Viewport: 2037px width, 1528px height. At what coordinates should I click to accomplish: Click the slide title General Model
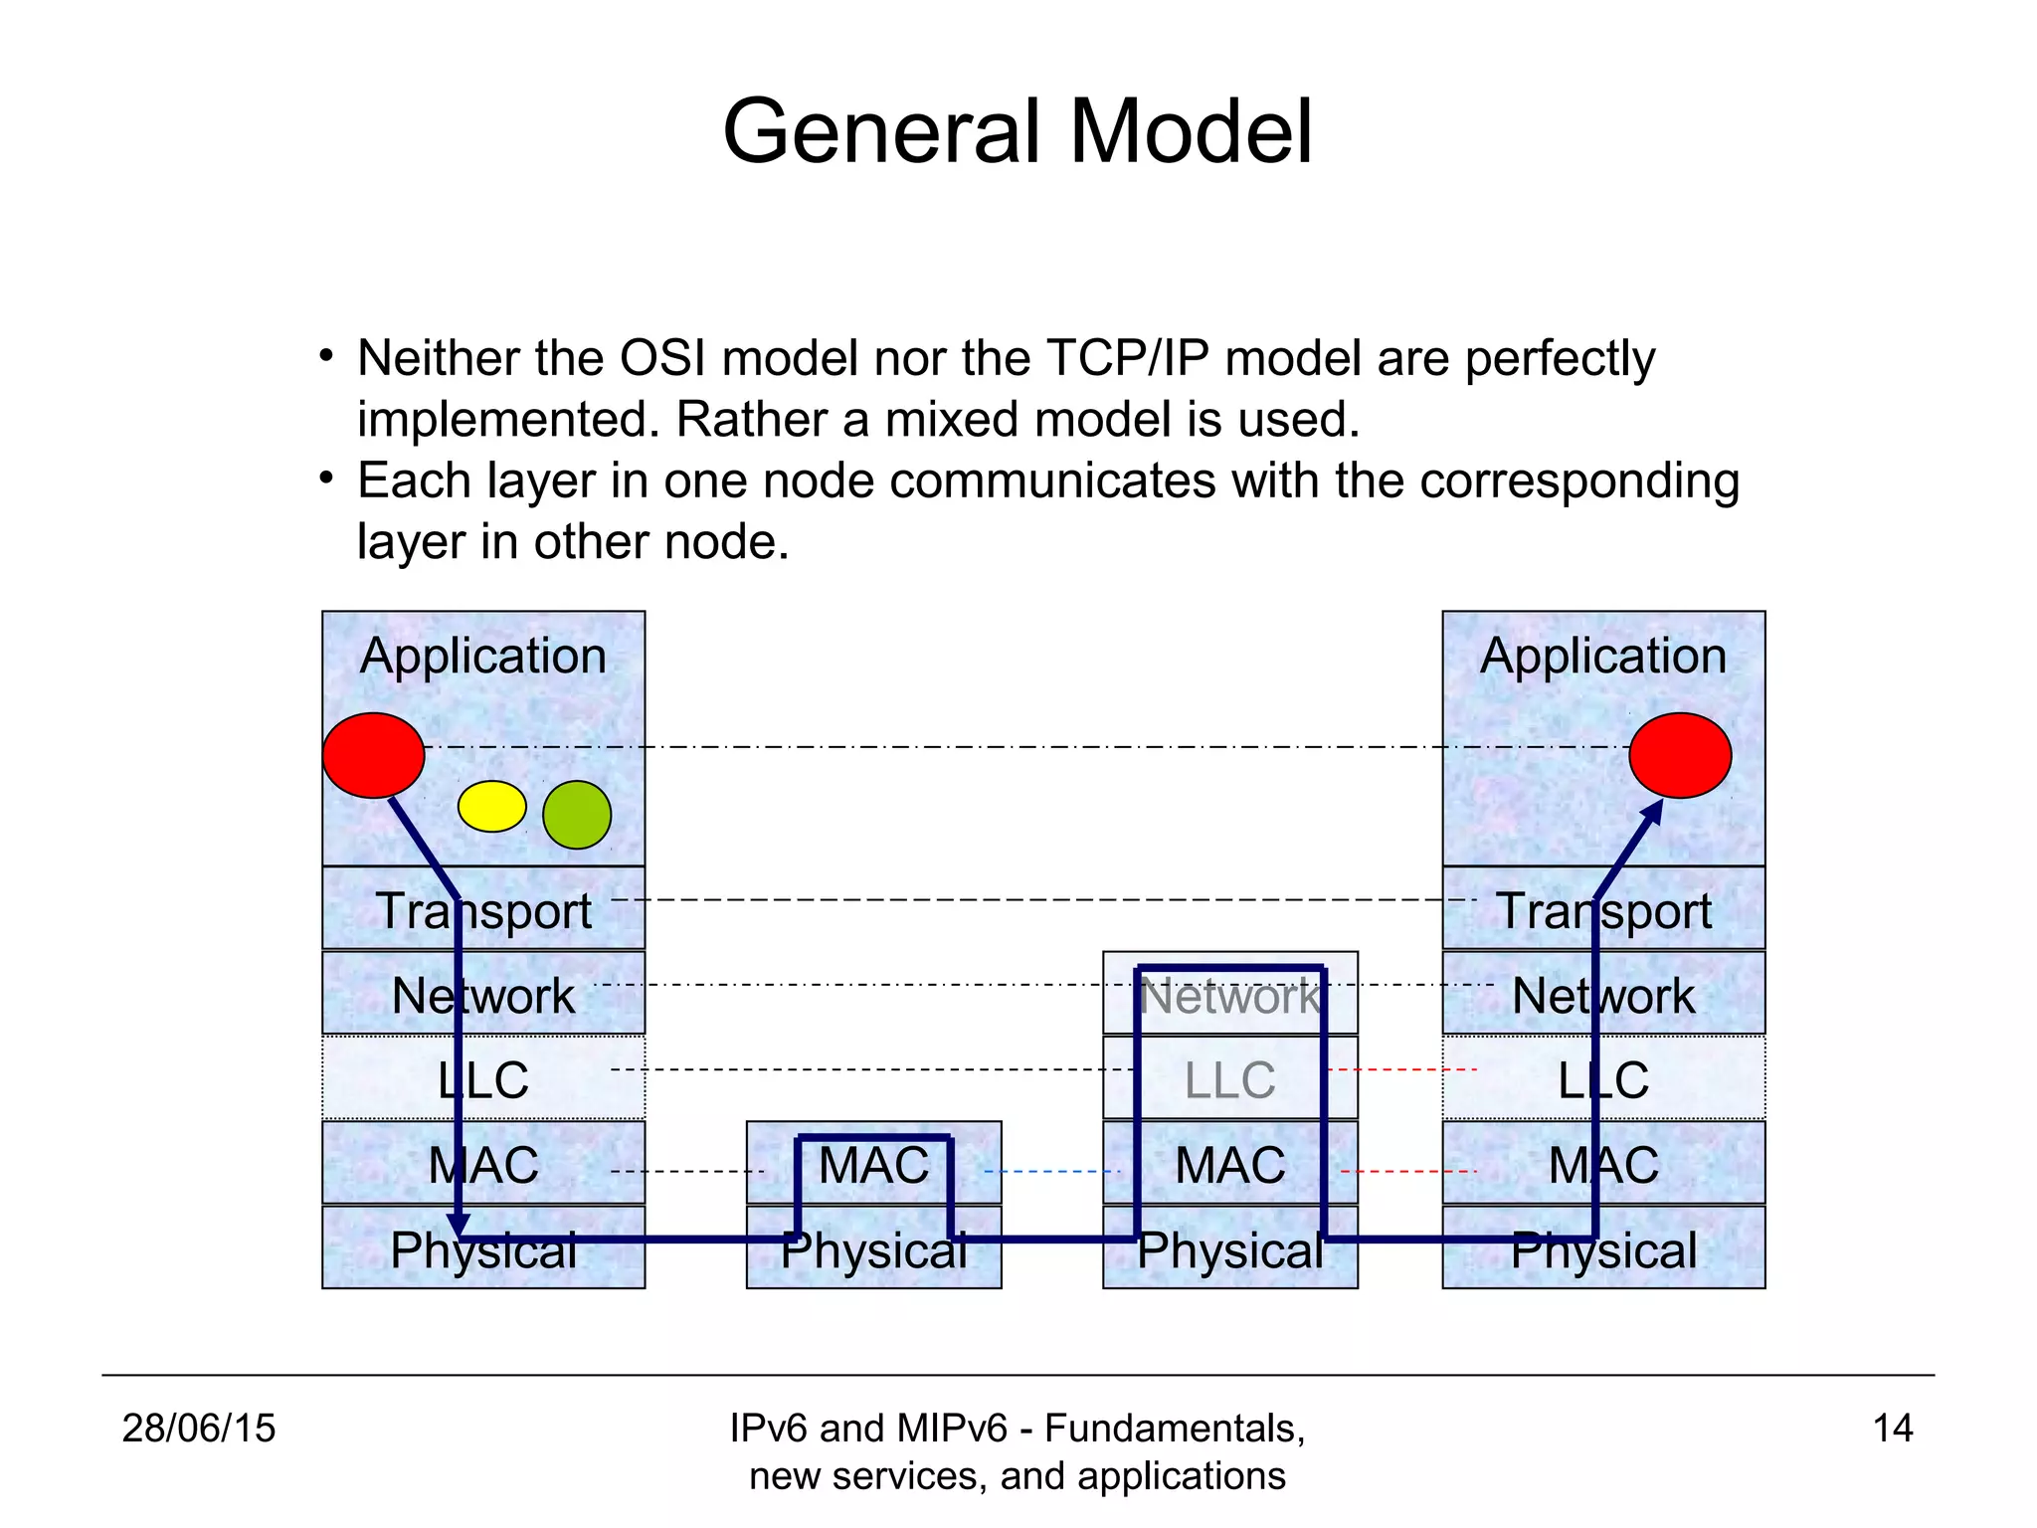click(1018, 131)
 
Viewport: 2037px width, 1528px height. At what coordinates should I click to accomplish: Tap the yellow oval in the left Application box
click(491, 806)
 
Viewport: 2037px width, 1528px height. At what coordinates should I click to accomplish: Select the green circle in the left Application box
click(577, 815)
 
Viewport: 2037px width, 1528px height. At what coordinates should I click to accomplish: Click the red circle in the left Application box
click(373, 755)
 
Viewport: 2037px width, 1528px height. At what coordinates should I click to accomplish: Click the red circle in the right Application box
click(1680, 755)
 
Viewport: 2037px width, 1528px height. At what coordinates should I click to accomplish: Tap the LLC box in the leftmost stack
click(483, 1079)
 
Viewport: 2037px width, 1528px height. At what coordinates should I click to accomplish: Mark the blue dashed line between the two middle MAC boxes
click(1051, 1172)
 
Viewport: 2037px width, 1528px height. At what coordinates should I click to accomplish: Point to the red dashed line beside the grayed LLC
click(1402, 1069)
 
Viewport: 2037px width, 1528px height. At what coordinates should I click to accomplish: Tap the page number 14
click(1892, 1429)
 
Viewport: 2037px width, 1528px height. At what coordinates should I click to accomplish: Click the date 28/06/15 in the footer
click(199, 1429)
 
